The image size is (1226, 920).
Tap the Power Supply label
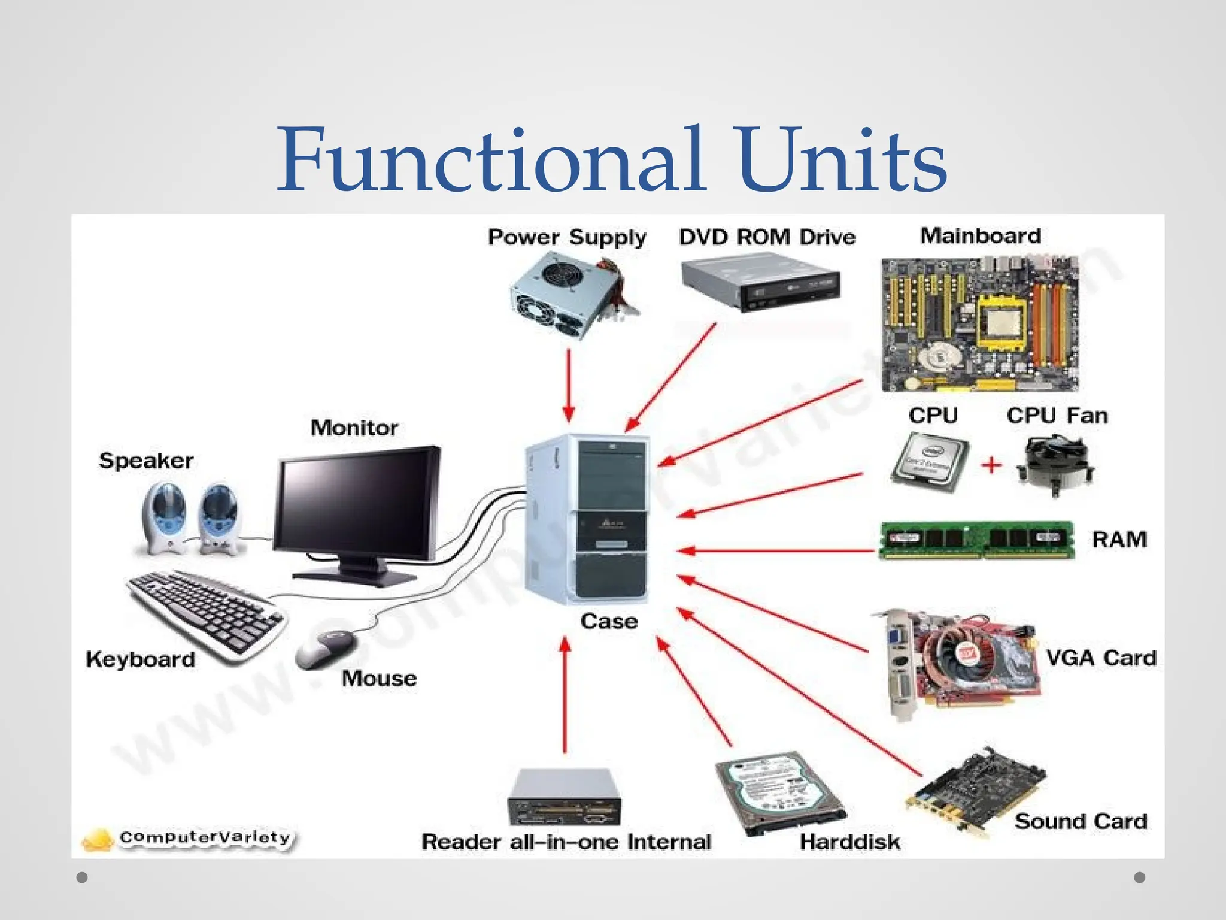click(567, 238)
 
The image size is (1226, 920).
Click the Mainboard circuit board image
click(979, 323)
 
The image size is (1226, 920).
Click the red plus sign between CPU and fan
click(991, 464)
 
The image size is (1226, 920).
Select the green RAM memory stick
click(976, 540)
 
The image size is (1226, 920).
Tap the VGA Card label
click(1101, 658)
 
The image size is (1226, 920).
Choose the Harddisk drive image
click(779, 791)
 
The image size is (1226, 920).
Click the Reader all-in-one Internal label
click(566, 842)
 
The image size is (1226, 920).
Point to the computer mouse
click(326, 649)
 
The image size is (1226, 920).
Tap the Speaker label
click(146, 461)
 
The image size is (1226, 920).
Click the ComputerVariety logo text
click(204, 837)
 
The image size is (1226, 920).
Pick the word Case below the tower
click(609, 622)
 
